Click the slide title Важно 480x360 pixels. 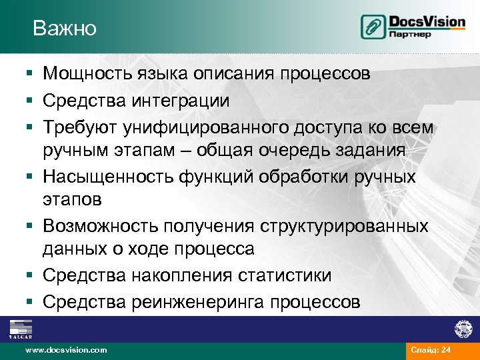click(65, 29)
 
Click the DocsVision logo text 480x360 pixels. click(427, 21)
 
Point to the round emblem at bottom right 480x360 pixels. click(463, 329)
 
